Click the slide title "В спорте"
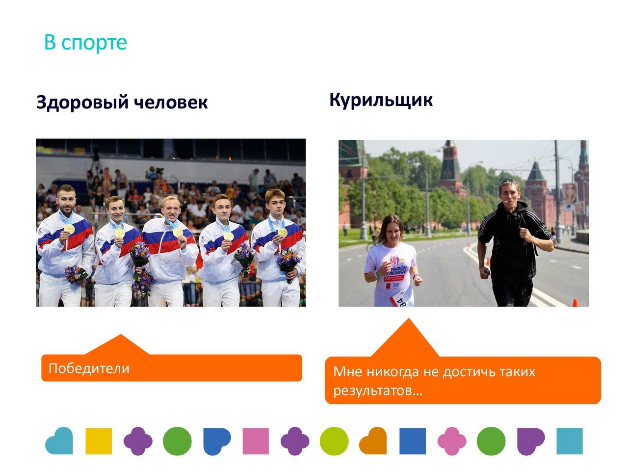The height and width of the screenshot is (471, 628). tap(85, 43)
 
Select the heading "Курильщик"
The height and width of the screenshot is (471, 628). tap(381, 101)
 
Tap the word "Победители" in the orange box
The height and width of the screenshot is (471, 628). tap(89, 368)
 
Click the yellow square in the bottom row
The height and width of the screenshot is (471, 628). tap(99, 441)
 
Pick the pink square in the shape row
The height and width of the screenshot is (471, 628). tap(256, 441)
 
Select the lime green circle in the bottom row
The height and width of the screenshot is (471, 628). tap(334, 441)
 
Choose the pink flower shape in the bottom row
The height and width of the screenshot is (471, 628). tap(451, 441)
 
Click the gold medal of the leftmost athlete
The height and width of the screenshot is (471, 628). tap(69, 229)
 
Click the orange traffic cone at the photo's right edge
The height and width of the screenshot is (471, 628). tap(575, 302)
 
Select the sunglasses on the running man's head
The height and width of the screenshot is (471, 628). tap(509, 182)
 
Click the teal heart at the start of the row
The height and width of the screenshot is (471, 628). tap(59, 441)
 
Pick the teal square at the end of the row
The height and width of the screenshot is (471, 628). tap(569, 441)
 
